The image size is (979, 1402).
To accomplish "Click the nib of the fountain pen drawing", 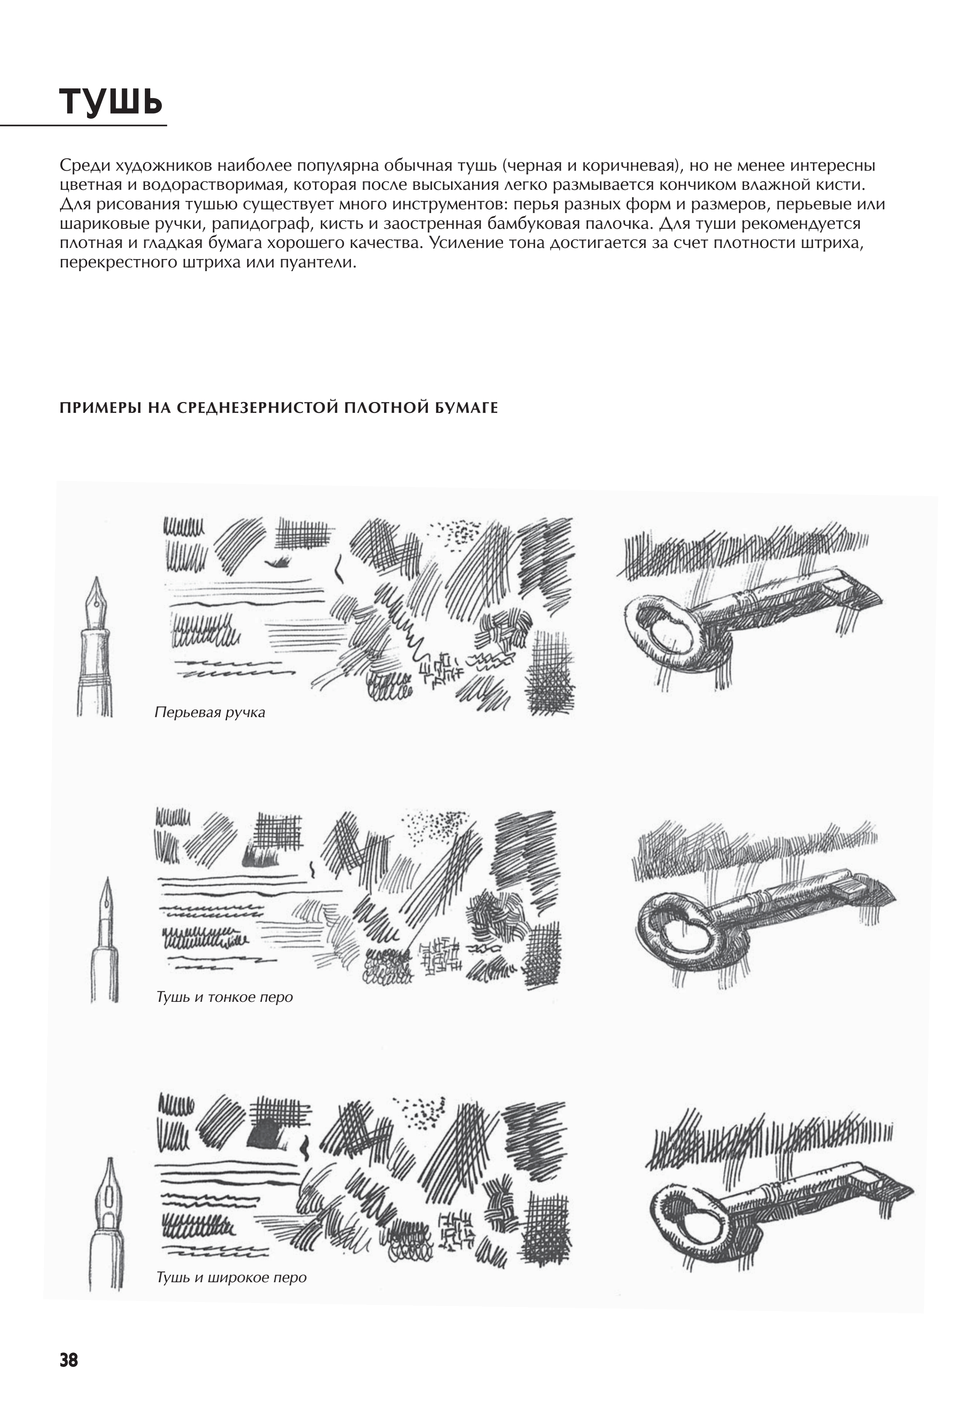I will pyautogui.click(x=96, y=595).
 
